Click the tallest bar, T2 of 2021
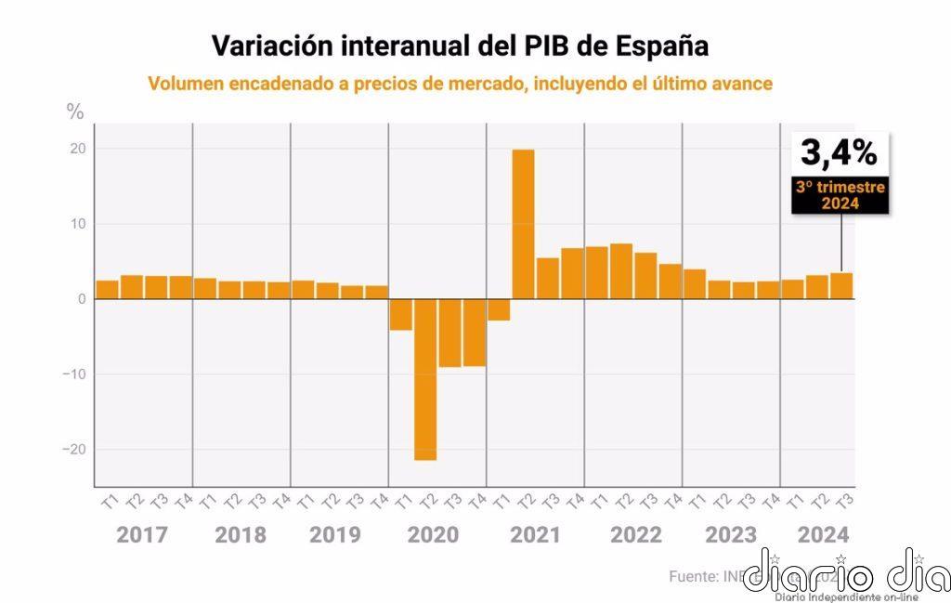coord(523,223)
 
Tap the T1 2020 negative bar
coord(401,315)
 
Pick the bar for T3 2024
coord(841,286)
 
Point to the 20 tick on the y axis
coord(77,149)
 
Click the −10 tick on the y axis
coord(73,374)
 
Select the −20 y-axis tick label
coord(73,450)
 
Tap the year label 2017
coord(142,536)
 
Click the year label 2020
coord(433,536)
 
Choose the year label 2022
coord(636,536)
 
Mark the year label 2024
coord(822,536)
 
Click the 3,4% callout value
coord(840,151)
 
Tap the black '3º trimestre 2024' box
coord(840,195)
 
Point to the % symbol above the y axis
coord(75,111)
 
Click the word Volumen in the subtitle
coord(184,84)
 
